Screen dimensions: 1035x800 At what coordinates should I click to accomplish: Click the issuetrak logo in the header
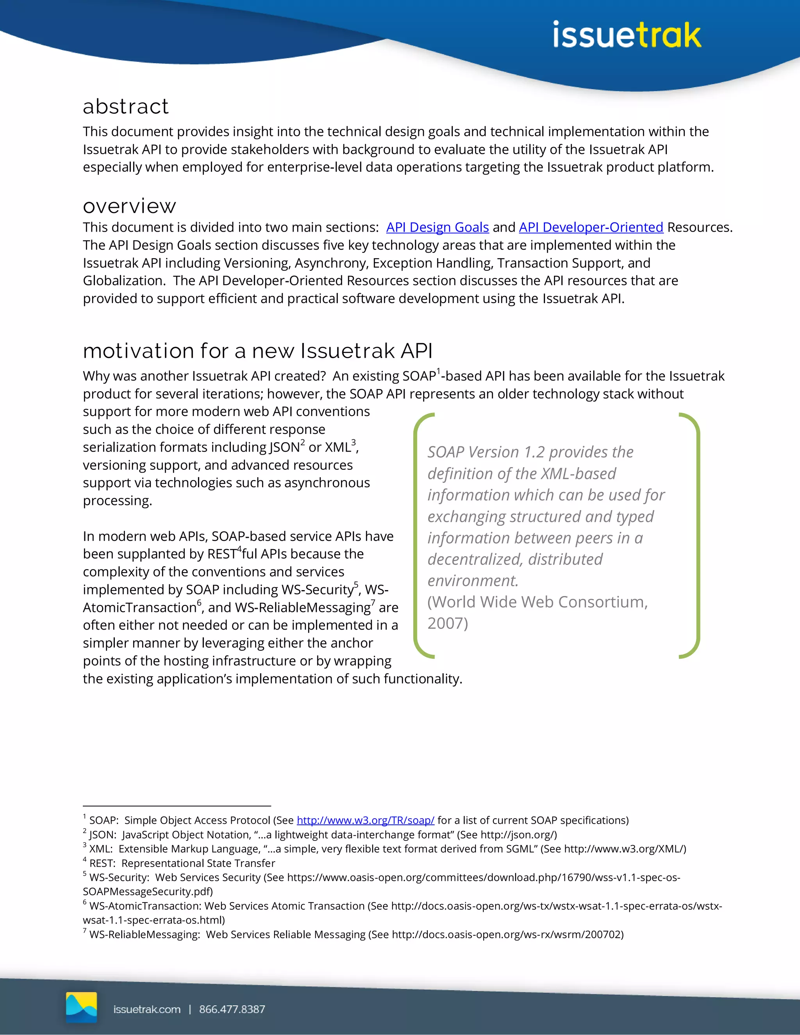(x=627, y=35)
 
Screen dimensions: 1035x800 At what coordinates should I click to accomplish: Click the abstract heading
(x=126, y=107)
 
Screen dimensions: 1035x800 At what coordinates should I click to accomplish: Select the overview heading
(x=129, y=206)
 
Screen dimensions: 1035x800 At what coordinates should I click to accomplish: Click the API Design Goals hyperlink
(x=437, y=227)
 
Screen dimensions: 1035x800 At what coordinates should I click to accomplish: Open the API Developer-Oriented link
(x=591, y=227)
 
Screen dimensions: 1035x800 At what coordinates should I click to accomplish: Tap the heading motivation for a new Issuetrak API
(x=257, y=351)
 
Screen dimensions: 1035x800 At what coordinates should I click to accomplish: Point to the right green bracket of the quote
(x=695, y=535)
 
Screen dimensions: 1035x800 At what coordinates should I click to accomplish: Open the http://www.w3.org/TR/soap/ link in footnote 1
(x=365, y=820)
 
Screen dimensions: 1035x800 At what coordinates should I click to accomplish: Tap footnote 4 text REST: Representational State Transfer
(x=182, y=864)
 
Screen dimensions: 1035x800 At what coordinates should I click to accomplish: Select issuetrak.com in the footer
(x=147, y=1009)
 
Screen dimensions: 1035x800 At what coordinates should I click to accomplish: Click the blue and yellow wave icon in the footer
(x=82, y=1007)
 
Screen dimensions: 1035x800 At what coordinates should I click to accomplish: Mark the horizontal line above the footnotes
(x=177, y=806)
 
